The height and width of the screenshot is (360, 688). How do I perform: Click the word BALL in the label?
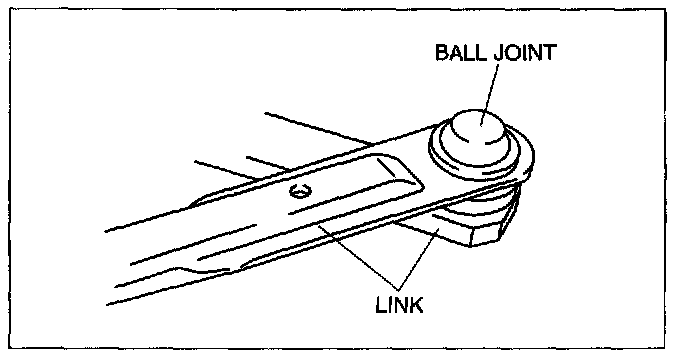(461, 52)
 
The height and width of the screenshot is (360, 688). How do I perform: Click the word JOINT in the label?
(526, 52)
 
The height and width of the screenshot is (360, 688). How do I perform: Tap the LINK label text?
(399, 305)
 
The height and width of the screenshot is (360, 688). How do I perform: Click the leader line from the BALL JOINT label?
(490, 93)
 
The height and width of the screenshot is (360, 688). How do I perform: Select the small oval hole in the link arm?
(300, 191)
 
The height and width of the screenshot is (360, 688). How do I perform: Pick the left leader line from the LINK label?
(358, 257)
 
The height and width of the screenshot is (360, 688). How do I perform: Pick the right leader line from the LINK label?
(419, 259)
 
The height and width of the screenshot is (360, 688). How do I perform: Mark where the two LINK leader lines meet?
(398, 290)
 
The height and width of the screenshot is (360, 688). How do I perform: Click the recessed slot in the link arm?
(355, 184)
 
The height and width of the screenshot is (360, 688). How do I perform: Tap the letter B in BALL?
(441, 52)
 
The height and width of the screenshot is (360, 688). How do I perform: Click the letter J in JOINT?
(499, 52)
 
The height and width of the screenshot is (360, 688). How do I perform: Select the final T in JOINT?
(550, 52)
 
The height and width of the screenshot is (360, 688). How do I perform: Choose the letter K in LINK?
(417, 305)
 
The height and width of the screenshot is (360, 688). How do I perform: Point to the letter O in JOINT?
(514, 52)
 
